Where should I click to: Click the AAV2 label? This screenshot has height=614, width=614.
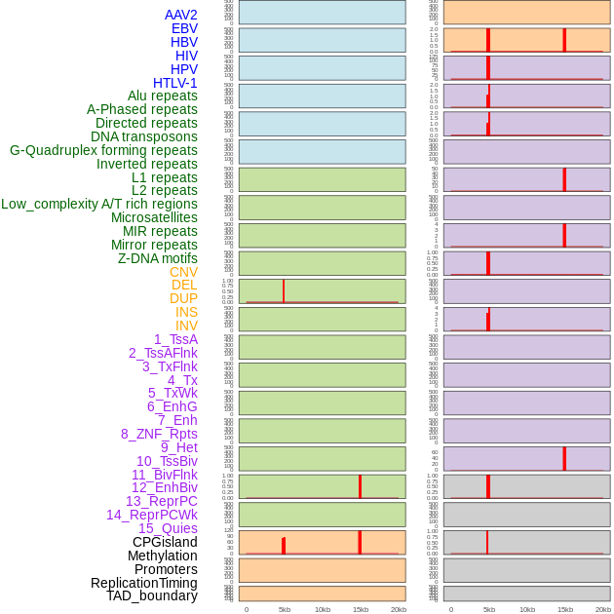click(x=181, y=15)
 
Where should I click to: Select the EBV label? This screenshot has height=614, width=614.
click(x=184, y=28)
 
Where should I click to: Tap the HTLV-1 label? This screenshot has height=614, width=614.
click(x=175, y=83)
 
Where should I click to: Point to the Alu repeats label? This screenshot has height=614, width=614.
click(x=163, y=96)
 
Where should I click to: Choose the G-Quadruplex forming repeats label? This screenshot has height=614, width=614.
click(x=103, y=150)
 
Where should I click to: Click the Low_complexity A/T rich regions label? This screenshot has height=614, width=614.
click(x=99, y=204)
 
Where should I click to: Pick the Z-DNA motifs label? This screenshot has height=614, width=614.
click(x=158, y=258)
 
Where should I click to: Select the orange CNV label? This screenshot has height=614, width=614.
click(x=183, y=272)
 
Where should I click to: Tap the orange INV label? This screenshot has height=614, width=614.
click(x=186, y=326)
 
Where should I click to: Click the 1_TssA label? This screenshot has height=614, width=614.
click(x=175, y=339)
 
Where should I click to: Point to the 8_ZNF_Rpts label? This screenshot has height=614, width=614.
click(x=159, y=434)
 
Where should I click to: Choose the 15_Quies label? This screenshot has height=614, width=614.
click(x=168, y=528)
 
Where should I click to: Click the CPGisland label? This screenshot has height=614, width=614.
click(x=165, y=542)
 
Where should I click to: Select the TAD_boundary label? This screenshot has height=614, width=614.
click(x=152, y=595)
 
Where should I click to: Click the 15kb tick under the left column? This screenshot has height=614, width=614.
click(x=360, y=609)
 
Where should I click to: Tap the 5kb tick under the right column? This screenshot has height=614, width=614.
click(x=488, y=609)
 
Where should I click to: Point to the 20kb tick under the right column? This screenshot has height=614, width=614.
click(x=603, y=609)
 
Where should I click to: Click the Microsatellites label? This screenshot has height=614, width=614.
click(x=154, y=217)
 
